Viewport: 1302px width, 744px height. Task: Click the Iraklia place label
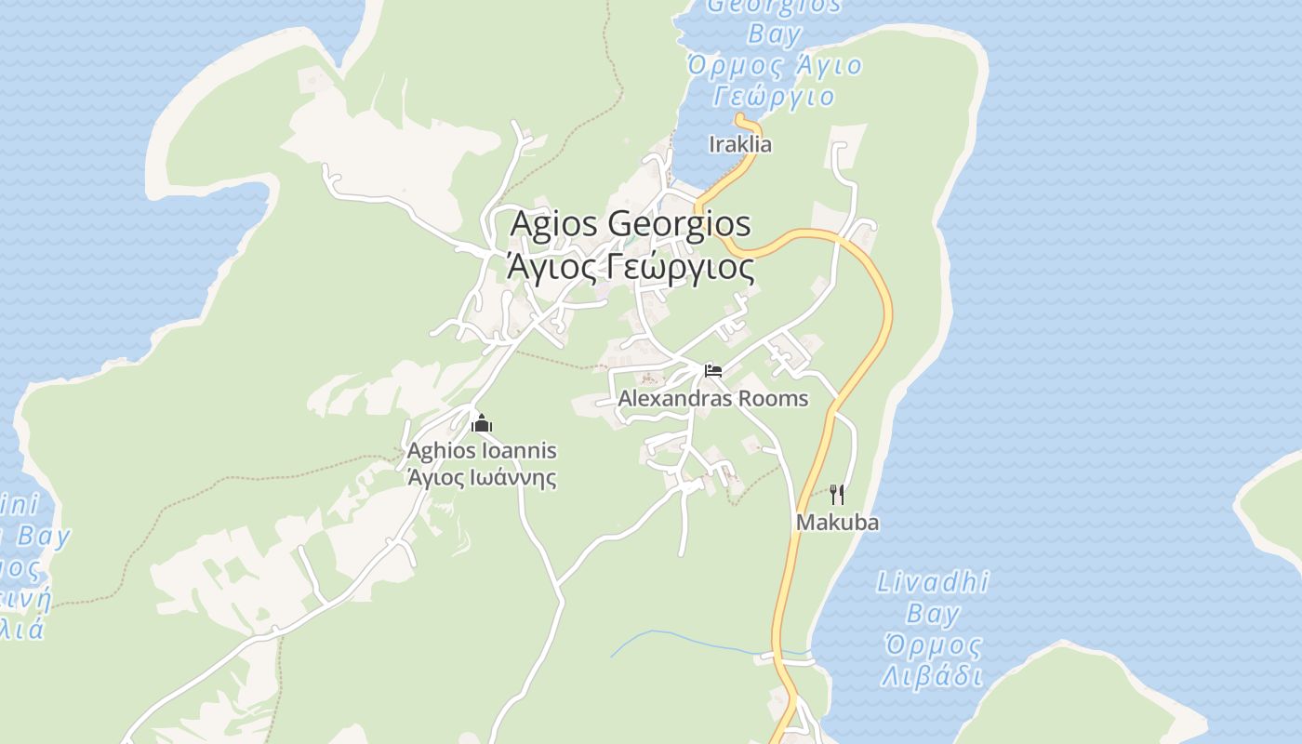click(x=740, y=144)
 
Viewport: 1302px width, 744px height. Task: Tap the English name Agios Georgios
click(x=631, y=224)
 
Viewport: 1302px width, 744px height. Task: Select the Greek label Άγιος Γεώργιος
click(x=631, y=267)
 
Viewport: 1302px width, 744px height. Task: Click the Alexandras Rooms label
click(x=713, y=399)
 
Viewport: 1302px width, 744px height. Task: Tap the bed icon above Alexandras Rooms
click(x=713, y=370)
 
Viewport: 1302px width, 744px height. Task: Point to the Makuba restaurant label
click(x=837, y=523)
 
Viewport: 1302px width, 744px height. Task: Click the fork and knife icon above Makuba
click(x=837, y=494)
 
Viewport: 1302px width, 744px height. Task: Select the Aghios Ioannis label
click(x=482, y=451)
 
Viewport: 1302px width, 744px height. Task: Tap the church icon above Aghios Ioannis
click(x=482, y=424)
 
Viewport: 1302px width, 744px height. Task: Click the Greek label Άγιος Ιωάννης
click(x=482, y=478)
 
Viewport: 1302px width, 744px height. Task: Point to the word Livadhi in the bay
click(x=933, y=583)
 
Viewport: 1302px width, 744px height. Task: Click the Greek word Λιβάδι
click(x=933, y=675)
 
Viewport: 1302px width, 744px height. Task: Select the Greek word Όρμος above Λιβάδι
click(x=933, y=644)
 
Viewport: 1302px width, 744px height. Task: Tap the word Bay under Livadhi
click(x=933, y=614)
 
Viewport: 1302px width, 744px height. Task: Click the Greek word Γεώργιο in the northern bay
click(x=775, y=96)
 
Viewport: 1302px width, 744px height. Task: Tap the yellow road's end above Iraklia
click(x=740, y=118)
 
